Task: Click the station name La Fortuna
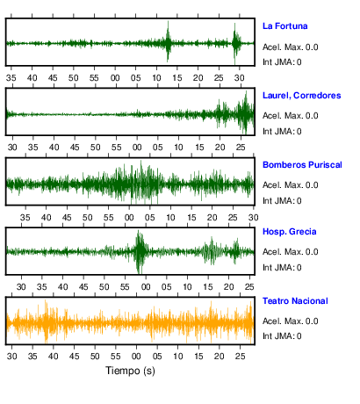pos(284,26)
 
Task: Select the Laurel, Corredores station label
pos(301,96)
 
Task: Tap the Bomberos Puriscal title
pos(302,165)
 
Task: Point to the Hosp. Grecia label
pos(289,232)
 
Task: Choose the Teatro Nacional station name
pos(295,301)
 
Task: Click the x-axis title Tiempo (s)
pos(130,371)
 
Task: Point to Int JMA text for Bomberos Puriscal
pos(282,201)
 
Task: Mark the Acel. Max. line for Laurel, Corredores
pos(290,116)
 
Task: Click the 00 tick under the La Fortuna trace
pos(115,78)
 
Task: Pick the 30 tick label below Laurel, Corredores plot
pos(12,148)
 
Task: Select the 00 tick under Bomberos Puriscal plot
pos(129,218)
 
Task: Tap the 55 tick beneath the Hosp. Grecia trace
pos(125,287)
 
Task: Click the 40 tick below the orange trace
pos(54,357)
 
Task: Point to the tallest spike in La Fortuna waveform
pos(168,41)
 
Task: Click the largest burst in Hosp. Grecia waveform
pos(140,251)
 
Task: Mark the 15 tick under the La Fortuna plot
pos(177,78)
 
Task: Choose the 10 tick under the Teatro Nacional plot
pos(177,357)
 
